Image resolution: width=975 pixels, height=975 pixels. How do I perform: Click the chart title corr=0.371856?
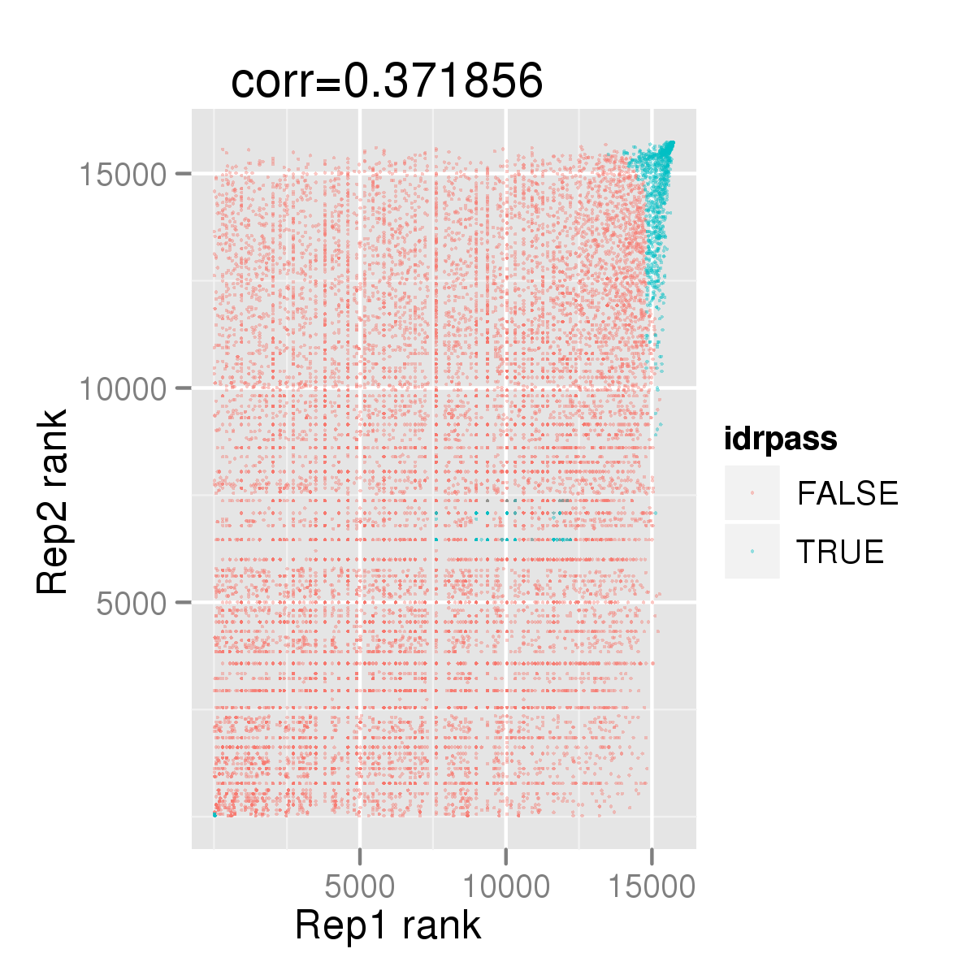click(387, 81)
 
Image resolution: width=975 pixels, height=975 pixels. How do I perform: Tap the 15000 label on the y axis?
click(123, 175)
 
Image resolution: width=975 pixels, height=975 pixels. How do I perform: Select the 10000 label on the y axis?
click(123, 389)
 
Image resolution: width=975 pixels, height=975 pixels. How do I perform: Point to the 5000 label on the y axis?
click(131, 604)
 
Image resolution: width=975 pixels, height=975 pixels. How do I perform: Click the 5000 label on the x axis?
click(359, 887)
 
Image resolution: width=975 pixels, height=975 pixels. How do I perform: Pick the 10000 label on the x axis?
click(506, 887)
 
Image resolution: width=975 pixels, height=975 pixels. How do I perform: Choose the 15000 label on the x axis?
click(652, 887)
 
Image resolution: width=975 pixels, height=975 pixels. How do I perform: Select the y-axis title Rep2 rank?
click(52, 501)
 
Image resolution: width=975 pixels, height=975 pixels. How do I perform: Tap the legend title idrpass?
click(781, 440)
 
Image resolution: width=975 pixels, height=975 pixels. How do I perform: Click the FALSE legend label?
click(847, 493)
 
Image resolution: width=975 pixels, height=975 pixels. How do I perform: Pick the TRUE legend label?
click(840, 552)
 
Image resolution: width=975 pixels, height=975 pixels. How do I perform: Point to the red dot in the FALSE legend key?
click(752, 493)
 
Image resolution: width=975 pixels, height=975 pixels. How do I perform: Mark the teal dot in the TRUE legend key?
click(752, 551)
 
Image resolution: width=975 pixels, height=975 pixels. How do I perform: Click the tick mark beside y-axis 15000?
click(184, 174)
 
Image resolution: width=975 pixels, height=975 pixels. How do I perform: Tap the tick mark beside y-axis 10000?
click(184, 388)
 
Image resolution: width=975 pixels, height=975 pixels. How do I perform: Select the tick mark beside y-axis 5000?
click(184, 602)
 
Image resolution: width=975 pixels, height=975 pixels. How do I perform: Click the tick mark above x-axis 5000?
click(360, 857)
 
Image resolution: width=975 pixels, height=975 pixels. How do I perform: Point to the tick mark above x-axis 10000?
click(506, 857)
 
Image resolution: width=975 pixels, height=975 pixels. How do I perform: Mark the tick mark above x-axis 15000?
click(652, 857)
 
